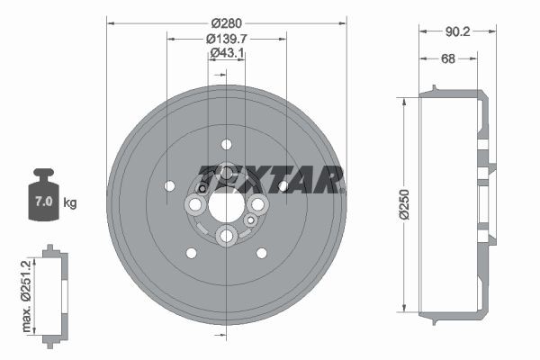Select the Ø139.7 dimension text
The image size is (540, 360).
tap(227, 39)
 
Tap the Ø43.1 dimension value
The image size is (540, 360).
tap(227, 53)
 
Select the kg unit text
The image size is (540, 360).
tap(70, 202)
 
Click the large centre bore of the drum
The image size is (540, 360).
tap(226, 203)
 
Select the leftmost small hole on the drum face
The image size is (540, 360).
tap(170, 185)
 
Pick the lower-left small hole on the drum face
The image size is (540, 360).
tap(191, 253)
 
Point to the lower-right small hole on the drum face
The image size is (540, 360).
tap(261, 253)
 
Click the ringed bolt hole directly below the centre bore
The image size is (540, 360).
tap(226, 236)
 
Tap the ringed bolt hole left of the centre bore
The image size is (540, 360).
tap(193, 206)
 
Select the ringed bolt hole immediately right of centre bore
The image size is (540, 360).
tap(258, 205)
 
